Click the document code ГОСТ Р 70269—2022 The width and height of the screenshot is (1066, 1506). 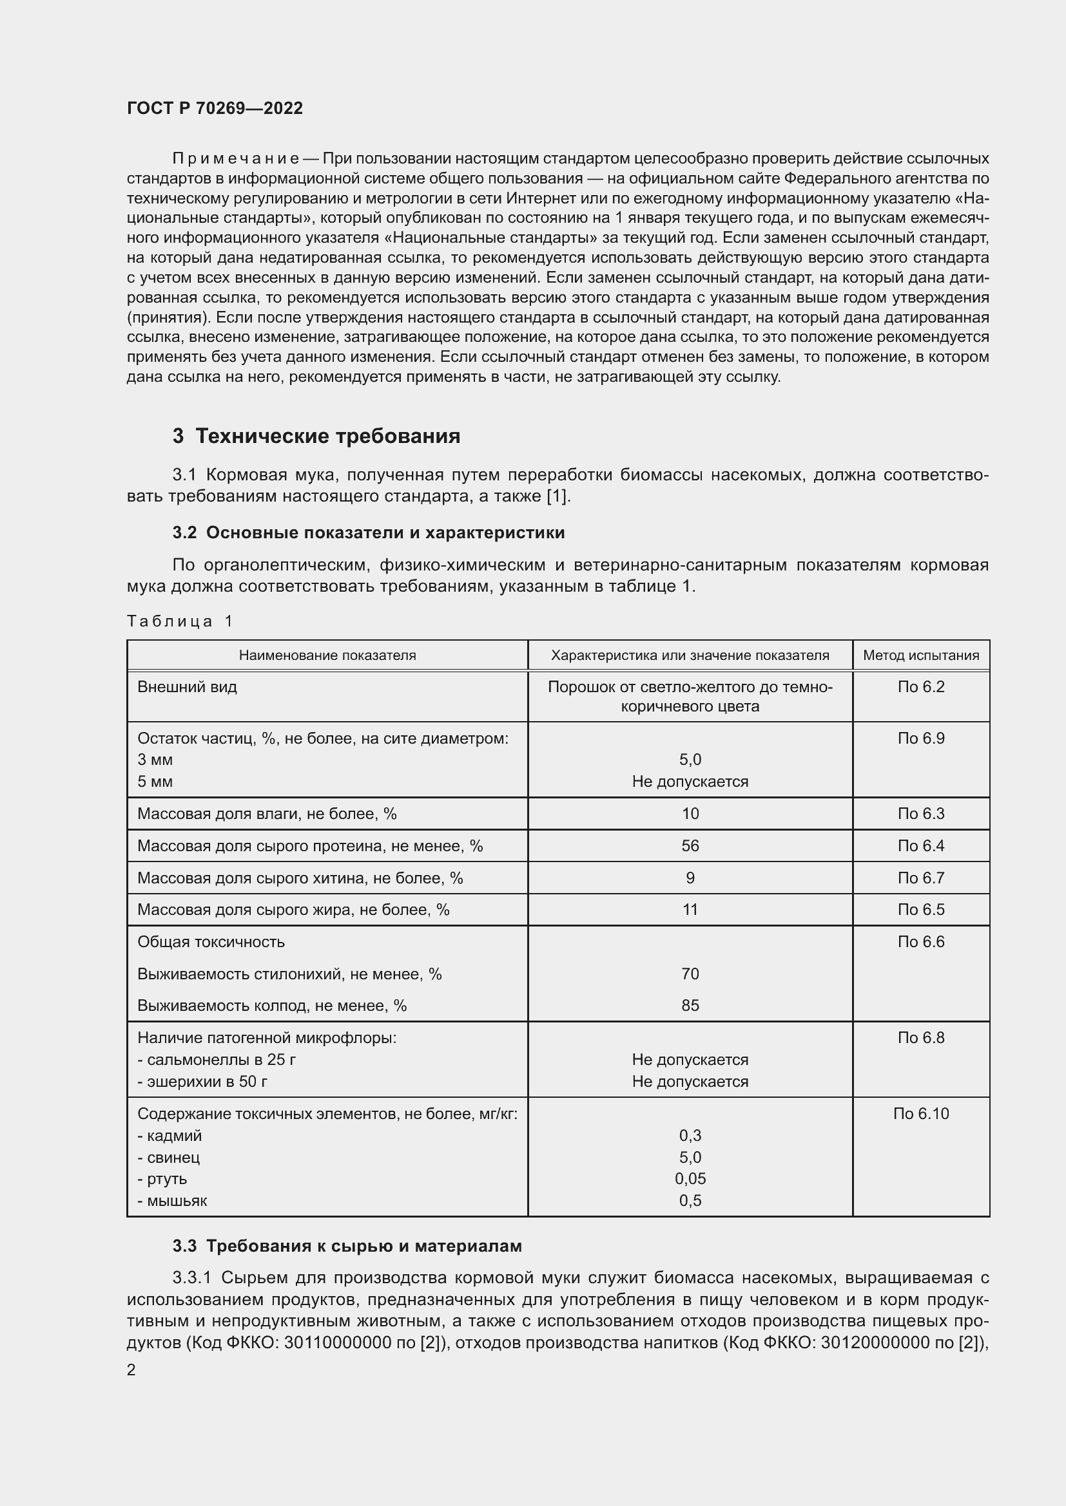click(215, 108)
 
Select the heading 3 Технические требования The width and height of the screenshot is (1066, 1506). click(316, 436)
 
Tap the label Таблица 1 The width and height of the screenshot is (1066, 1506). click(180, 621)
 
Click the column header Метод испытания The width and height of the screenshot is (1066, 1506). click(920, 655)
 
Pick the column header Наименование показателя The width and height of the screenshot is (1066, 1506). click(327, 655)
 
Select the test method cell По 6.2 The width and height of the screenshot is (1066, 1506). click(920, 687)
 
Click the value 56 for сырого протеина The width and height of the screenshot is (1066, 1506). click(690, 845)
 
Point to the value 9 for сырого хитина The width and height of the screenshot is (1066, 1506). click(690, 878)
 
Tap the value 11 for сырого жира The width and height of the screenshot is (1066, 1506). click(690, 909)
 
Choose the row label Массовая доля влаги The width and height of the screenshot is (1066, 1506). click(267, 813)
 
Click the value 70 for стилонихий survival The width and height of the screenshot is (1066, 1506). click(690, 974)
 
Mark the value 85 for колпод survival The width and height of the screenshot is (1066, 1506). click(690, 1005)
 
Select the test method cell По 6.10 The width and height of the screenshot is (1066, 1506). click(920, 1113)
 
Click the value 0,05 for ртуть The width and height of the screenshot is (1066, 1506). click(690, 1178)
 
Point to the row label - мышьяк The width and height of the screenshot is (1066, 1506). click(172, 1200)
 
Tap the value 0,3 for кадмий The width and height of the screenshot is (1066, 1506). click(690, 1134)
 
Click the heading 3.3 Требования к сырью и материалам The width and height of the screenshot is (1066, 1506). click(347, 1246)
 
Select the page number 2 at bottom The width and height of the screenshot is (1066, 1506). click(131, 1370)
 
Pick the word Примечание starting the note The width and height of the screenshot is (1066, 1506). click(235, 158)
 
